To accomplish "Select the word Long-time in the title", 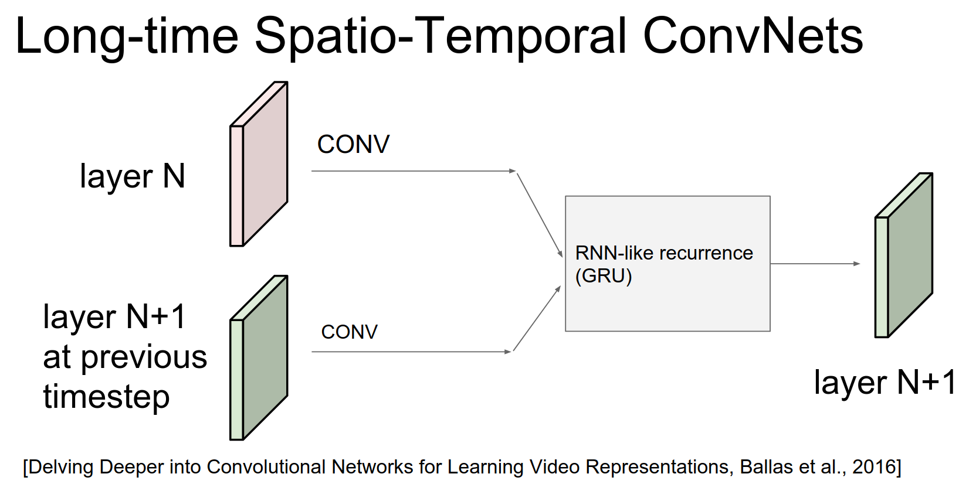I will point(127,36).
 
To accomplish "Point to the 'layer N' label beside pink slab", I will point(133,176).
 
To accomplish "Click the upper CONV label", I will point(353,144).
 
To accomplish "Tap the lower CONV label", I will point(349,332).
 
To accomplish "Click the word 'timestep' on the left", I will point(106,397).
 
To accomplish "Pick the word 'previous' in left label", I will point(144,357).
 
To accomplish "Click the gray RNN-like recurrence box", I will point(667,305).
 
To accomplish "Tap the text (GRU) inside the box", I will point(604,276).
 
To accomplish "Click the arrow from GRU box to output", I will point(815,264).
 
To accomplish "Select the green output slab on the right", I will point(904,255).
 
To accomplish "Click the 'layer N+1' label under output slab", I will point(885,383).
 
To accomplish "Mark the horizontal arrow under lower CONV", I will point(411,352).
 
